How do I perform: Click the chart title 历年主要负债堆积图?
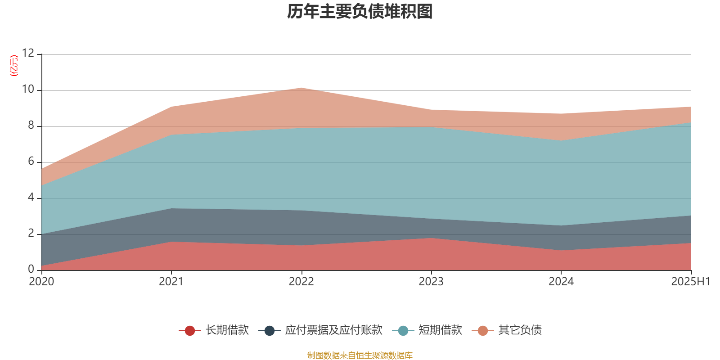tap(360, 12)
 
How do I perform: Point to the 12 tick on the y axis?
tap(28, 54)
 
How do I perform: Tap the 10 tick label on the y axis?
tap(28, 90)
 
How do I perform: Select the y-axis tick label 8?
tap(31, 126)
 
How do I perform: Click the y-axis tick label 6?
tap(31, 162)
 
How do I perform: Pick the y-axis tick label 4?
tap(31, 198)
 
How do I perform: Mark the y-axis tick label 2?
tap(31, 234)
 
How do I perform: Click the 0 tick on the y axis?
tap(31, 270)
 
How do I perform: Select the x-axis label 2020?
tap(41, 282)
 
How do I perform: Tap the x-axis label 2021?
tap(171, 282)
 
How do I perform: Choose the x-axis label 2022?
tap(301, 282)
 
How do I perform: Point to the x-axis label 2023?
tap(431, 282)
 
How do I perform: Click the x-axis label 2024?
tap(561, 282)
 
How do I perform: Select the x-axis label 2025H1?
tap(690, 282)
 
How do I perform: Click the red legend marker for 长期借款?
tap(190, 331)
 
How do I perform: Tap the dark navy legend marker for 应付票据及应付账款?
tap(269, 331)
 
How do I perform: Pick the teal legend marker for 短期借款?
tap(403, 331)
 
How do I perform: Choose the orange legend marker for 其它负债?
tap(482, 331)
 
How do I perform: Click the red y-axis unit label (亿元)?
tap(14, 66)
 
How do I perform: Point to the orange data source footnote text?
tap(360, 355)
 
